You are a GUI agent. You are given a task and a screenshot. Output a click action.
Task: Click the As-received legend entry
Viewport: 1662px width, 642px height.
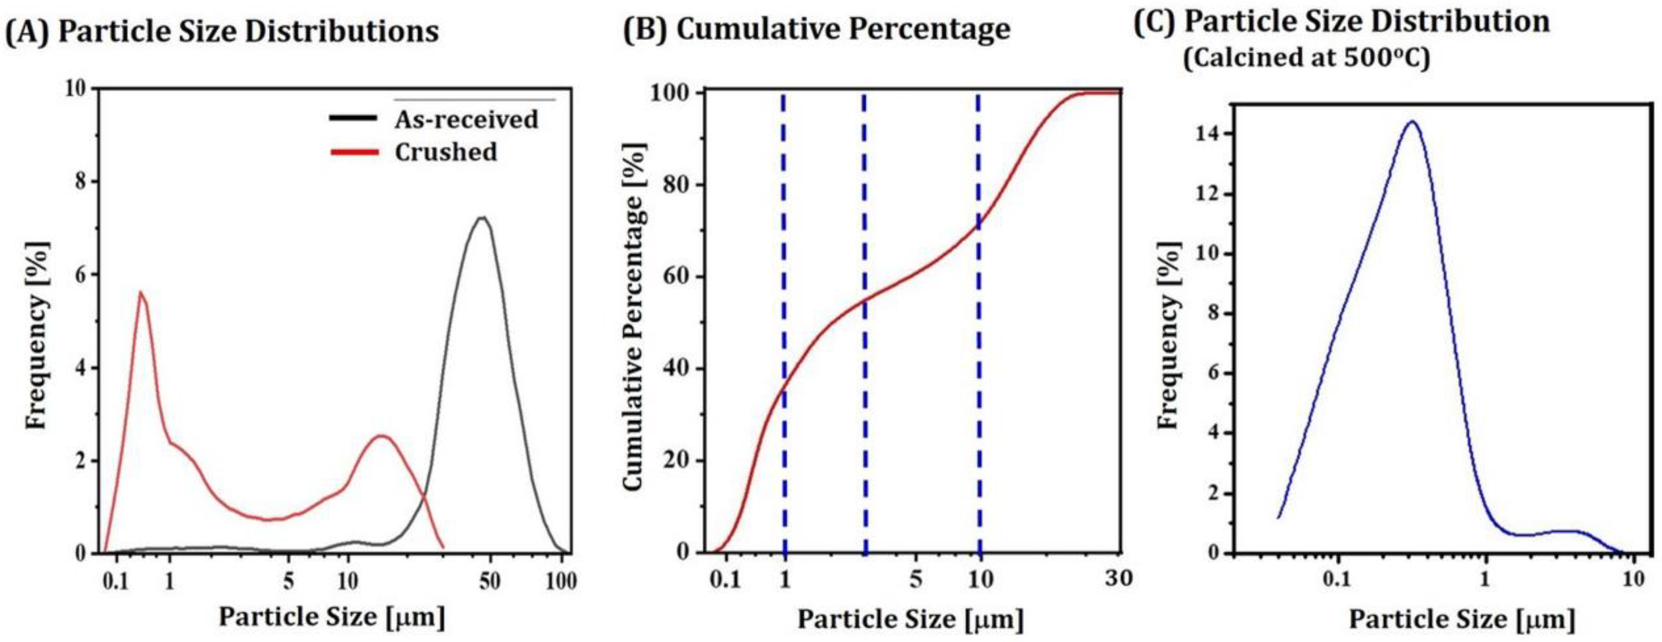466,119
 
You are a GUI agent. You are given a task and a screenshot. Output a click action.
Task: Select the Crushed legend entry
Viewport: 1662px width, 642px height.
445,153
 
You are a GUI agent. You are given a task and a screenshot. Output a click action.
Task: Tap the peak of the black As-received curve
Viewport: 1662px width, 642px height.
482,218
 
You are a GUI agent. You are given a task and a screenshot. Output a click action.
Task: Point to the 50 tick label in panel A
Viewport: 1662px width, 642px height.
490,581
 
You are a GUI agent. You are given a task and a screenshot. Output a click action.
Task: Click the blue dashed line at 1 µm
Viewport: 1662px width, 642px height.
784,322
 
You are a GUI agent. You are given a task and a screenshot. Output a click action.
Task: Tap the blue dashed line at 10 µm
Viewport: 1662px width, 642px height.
979,322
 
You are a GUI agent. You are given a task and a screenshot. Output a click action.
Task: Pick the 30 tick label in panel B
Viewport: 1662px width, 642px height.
1118,578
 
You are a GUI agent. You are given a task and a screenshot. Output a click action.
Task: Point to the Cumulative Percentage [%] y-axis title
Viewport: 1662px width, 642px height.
635,316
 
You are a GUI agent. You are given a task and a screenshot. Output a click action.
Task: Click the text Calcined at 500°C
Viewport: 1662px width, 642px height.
1306,58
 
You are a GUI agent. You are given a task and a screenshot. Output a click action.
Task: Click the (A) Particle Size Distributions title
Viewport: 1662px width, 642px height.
222,31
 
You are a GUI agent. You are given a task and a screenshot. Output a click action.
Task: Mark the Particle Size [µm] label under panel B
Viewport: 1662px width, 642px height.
910,619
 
